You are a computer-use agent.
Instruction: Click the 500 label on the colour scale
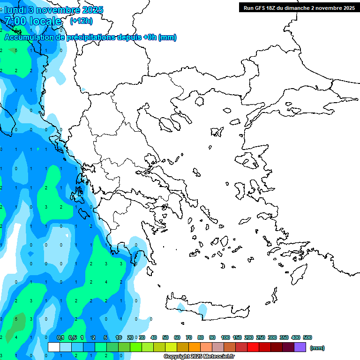[x=307, y=337]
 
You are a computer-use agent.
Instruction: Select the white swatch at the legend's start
[x=54, y=347]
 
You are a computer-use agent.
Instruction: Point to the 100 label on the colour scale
[x=225, y=337]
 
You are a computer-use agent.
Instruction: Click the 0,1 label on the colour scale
[x=60, y=337]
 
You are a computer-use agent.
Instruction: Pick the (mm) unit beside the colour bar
[x=317, y=348]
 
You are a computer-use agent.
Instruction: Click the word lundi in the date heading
[x=15, y=10]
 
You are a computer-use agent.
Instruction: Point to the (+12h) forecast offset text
[x=81, y=21]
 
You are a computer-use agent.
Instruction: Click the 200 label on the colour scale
[x=249, y=337]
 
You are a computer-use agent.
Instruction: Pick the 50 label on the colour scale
[x=165, y=337]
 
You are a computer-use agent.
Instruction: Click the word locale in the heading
[x=45, y=21]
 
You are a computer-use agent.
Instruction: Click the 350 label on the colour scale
[x=284, y=337]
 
